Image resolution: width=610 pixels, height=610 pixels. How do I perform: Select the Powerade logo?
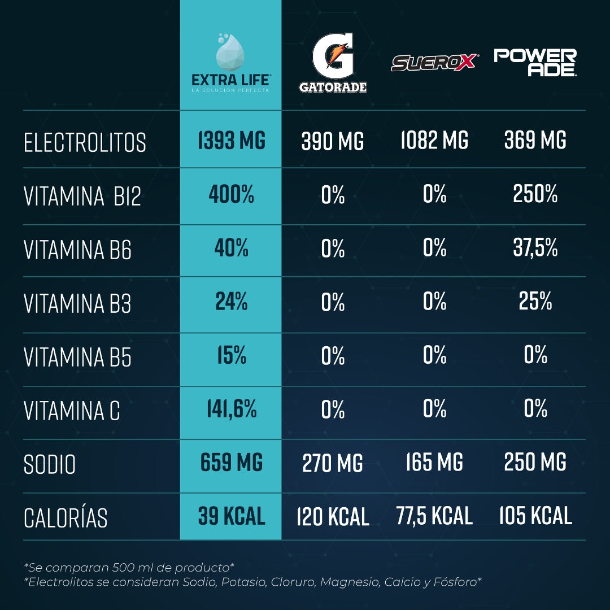[535, 62]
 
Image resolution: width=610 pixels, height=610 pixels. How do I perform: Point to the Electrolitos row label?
[85, 143]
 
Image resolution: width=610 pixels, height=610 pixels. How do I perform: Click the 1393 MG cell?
[231, 141]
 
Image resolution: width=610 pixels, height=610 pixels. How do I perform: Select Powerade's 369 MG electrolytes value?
[535, 141]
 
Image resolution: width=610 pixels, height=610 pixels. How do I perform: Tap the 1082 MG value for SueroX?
[434, 141]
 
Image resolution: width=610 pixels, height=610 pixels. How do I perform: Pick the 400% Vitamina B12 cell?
[231, 195]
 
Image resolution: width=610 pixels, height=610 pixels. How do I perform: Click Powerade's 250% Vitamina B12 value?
[535, 195]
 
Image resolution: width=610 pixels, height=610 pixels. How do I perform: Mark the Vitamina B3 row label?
[77, 304]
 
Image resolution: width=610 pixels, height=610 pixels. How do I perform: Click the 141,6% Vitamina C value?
[231, 409]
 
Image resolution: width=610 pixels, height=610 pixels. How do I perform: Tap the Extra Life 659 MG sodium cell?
[231, 463]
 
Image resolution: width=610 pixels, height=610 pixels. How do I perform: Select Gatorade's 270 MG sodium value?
[333, 464]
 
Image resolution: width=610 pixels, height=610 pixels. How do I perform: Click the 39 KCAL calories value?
[231, 516]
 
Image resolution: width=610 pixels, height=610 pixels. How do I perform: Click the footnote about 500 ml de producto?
[129, 567]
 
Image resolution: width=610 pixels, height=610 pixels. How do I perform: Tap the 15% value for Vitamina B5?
[231, 355]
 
